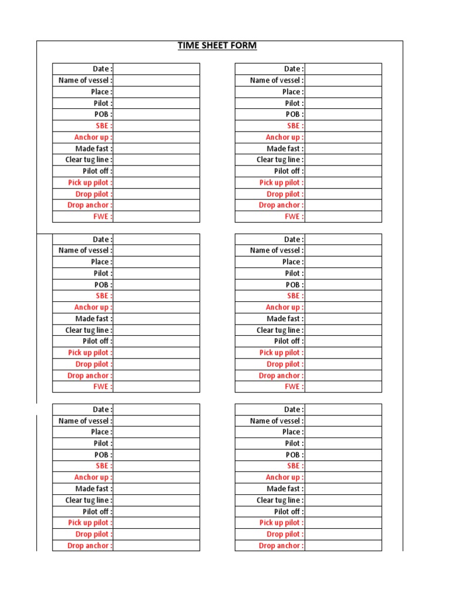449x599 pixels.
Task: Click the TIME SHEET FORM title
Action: point(217,46)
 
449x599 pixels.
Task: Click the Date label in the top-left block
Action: point(102,69)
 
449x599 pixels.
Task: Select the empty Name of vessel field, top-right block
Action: point(343,81)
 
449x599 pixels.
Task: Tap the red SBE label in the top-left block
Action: point(104,126)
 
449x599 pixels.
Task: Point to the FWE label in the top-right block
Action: point(294,216)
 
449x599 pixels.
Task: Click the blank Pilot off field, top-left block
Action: point(156,171)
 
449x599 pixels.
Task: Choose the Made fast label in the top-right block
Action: point(285,149)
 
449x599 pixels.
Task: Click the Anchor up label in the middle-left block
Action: point(94,307)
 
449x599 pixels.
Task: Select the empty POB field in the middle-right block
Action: point(343,285)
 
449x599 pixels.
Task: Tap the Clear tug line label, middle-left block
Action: point(89,330)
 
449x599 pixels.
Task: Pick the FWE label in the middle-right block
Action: point(294,387)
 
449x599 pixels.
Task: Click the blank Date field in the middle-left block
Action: point(156,239)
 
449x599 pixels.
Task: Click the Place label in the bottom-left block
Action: point(101,432)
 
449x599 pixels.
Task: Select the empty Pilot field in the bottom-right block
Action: point(343,443)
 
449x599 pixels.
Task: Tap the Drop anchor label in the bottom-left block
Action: point(90,546)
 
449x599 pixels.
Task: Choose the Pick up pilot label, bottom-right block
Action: point(281,523)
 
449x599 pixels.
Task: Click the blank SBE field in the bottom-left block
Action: point(156,466)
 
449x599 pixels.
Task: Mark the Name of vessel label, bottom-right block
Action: point(277,421)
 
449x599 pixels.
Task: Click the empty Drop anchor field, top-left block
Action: point(156,205)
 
